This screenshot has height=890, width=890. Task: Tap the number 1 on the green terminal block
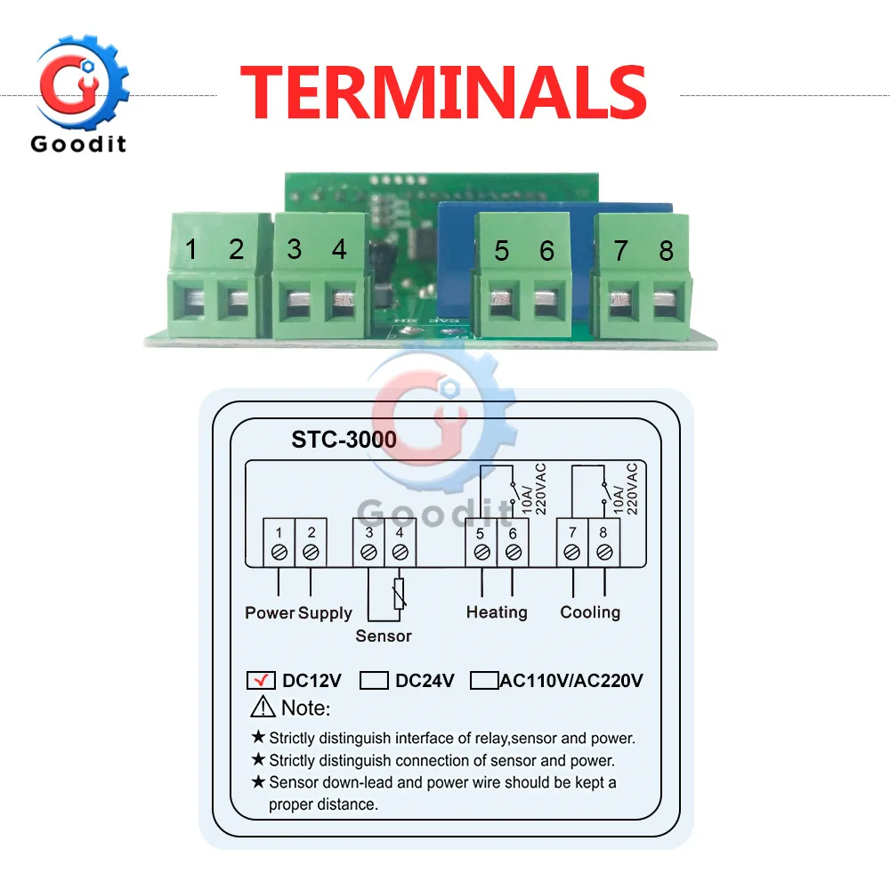tap(191, 249)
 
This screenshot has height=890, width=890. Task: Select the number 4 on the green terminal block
tap(339, 249)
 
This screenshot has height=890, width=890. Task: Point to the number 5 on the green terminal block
tap(502, 251)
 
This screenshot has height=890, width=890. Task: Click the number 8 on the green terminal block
tap(666, 251)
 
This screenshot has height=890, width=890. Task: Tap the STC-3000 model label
tap(344, 440)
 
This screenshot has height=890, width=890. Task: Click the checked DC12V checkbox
tap(261, 681)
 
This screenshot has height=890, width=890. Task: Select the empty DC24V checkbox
tap(375, 681)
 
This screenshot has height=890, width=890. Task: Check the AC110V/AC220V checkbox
tap(484, 681)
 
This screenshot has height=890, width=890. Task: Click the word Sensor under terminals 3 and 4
tap(384, 635)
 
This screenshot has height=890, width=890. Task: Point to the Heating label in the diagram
tap(497, 612)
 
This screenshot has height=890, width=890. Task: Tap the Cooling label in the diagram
tap(590, 612)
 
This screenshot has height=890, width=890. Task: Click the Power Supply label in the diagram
tap(298, 612)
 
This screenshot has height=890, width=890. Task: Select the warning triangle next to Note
tap(263, 708)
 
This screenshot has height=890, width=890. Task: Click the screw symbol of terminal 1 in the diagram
tap(279, 553)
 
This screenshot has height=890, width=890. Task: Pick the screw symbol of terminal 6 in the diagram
tap(513, 553)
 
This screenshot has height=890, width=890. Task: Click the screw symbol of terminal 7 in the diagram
tap(572, 553)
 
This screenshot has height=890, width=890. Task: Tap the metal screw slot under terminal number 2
tap(236, 305)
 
